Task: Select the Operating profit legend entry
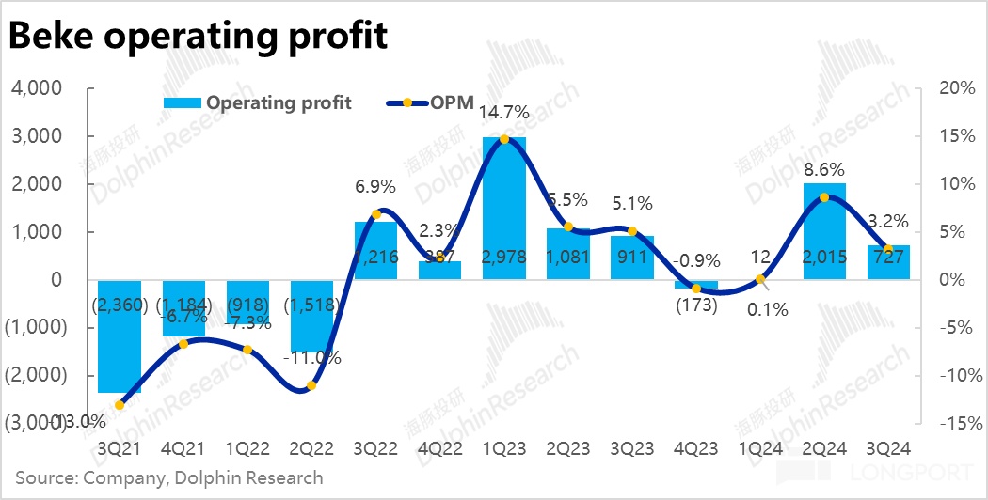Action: [259, 102]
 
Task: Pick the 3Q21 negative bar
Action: [120, 336]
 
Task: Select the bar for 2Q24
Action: [824, 231]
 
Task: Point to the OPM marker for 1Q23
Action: [504, 139]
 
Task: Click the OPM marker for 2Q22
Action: [311, 385]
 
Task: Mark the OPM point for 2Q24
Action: [824, 197]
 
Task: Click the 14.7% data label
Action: [504, 113]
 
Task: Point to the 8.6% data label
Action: [824, 171]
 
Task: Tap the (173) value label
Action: [696, 305]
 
